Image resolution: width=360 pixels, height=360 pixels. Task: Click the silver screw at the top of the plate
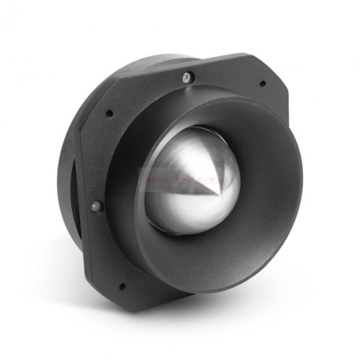click(186, 76)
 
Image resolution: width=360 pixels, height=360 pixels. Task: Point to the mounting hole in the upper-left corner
click(109, 112)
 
